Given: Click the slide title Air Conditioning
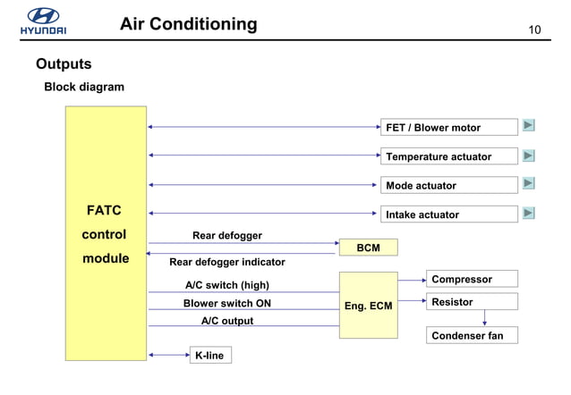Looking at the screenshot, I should click(188, 24).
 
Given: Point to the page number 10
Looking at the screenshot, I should click(535, 30).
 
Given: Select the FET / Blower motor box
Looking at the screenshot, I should click(449, 128).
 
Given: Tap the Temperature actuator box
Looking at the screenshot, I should click(449, 156).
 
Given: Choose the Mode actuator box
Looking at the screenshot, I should click(449, 185).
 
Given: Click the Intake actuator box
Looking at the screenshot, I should click(449, 214).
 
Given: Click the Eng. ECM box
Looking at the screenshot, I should click(368, 306).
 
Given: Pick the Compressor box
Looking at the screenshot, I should click(472, 280).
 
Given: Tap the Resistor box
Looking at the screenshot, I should click(472, 303).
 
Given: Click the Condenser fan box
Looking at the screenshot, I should click(472, 336).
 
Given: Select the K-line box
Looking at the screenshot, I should click(209, 356).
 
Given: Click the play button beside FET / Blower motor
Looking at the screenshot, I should click(529, 126).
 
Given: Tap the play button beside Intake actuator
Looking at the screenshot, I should click(529, 213).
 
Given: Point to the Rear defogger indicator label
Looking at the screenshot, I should click(227, 262).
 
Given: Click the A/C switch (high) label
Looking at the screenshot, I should click(226, 285).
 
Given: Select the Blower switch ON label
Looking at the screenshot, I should click(226, 303).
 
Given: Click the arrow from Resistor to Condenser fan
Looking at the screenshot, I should click(484, 318).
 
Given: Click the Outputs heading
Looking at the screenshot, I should click(64, 64).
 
